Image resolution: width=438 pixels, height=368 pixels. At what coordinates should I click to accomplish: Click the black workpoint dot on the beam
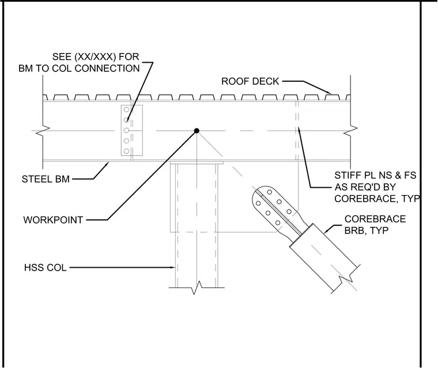click(x=197, y=131)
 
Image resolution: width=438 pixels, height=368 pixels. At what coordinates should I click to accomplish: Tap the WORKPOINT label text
click(x=53, y=220)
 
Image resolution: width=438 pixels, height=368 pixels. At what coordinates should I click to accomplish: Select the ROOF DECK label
click(x=250, y=81)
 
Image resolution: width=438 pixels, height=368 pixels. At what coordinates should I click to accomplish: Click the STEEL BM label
click(x=46, y=179)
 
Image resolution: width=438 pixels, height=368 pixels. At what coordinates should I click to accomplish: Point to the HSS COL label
click(x=46, y=267)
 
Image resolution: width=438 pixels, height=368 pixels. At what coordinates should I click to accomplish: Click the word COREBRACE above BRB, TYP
click(x=375, y=219)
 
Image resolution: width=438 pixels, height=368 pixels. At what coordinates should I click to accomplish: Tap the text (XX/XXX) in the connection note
click(x=95, y=56)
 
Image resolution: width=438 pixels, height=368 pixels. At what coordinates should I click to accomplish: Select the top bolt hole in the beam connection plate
click(x=126, y=109)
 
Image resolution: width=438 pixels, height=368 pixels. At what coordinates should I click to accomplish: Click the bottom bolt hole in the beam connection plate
click(x=126, y=151)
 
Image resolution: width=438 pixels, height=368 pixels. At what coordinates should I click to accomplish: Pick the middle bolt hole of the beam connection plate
click(x=126, y=130)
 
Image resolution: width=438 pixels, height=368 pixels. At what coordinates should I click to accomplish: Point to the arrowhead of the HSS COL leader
click(x=173, y=267)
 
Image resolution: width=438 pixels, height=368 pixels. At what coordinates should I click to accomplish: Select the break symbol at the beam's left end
click(x=43, y=131)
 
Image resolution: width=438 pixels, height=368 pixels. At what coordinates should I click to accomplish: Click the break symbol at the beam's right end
click(x=350, y=131)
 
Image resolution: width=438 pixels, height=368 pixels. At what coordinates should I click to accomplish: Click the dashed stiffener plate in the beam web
click(x=297, y=131)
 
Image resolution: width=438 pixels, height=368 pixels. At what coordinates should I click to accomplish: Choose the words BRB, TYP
click(x=367, y=230)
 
